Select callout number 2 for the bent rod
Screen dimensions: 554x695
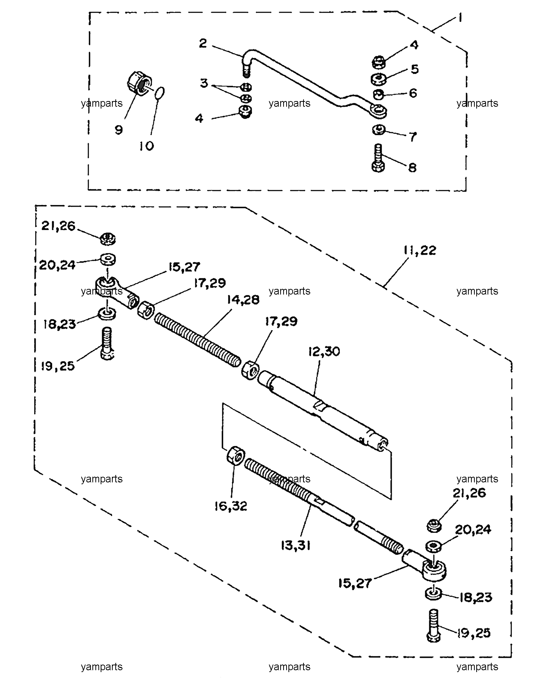coord(203,44)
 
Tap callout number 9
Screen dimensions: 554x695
coord(119,130)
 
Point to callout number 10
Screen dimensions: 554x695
coord(146,146)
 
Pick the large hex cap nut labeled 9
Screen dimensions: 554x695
coord(139,84)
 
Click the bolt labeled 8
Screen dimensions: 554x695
coord(379,158)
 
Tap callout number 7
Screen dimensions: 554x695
coord(413,136)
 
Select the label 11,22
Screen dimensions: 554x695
coord(420,250)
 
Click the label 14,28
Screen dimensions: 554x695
coord(243,299)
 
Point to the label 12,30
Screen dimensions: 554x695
coord(324,351)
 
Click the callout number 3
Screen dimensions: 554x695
coord(204,83)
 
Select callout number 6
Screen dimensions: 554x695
coord(413,93)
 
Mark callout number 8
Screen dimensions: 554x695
coord(412,167)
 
